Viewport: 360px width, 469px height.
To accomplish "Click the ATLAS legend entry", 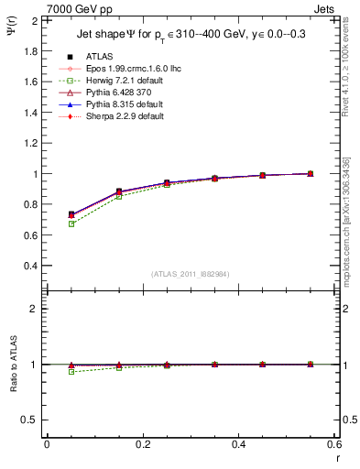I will pyautogui.click(x=96, y=57).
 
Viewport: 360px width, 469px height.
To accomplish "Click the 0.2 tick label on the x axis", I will pyautogui.click(x=142, y=444).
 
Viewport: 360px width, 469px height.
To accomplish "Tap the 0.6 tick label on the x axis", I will pyautogui.click(x=333, y=444).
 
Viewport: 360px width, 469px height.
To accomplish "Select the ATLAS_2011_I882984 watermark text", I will pyautogui.click(x=191, y=274).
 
